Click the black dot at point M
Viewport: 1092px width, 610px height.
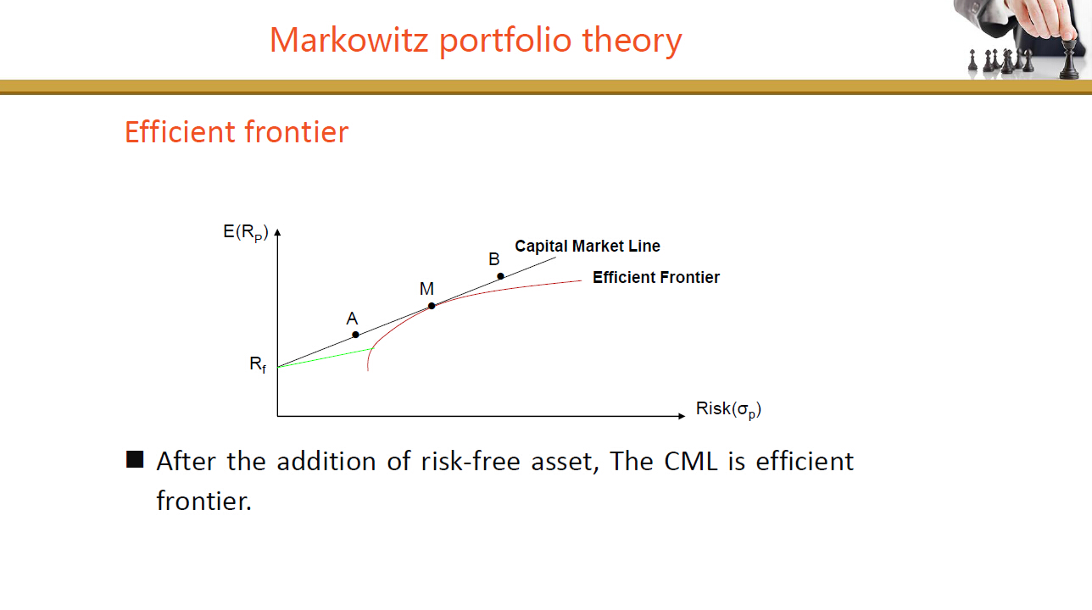point(432,306)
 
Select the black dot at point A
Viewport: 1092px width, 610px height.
point(355,335)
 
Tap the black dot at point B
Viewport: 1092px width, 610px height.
point(501,276)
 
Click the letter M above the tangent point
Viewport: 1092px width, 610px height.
point(426,289)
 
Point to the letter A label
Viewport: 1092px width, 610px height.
point(352,319)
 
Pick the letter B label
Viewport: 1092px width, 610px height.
point(493,259)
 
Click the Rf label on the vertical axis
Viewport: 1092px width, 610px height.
point(258,364)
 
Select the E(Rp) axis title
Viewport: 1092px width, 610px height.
point(246,232)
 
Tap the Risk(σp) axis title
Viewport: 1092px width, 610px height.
point(728,409)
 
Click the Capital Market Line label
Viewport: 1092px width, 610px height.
point(588,246)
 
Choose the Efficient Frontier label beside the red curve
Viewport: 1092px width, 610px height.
point(656,277)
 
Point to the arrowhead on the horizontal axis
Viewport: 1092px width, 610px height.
point(682,416)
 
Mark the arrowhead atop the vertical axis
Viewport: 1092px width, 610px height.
point(277,232)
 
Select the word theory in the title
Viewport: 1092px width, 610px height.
point(632,42)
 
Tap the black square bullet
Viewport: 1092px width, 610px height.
point(135,459)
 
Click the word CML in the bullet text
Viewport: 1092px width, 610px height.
point(691,461)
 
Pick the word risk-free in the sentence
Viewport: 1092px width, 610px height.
point(471,461)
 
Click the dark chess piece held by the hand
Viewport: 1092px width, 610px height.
point(1069,58)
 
